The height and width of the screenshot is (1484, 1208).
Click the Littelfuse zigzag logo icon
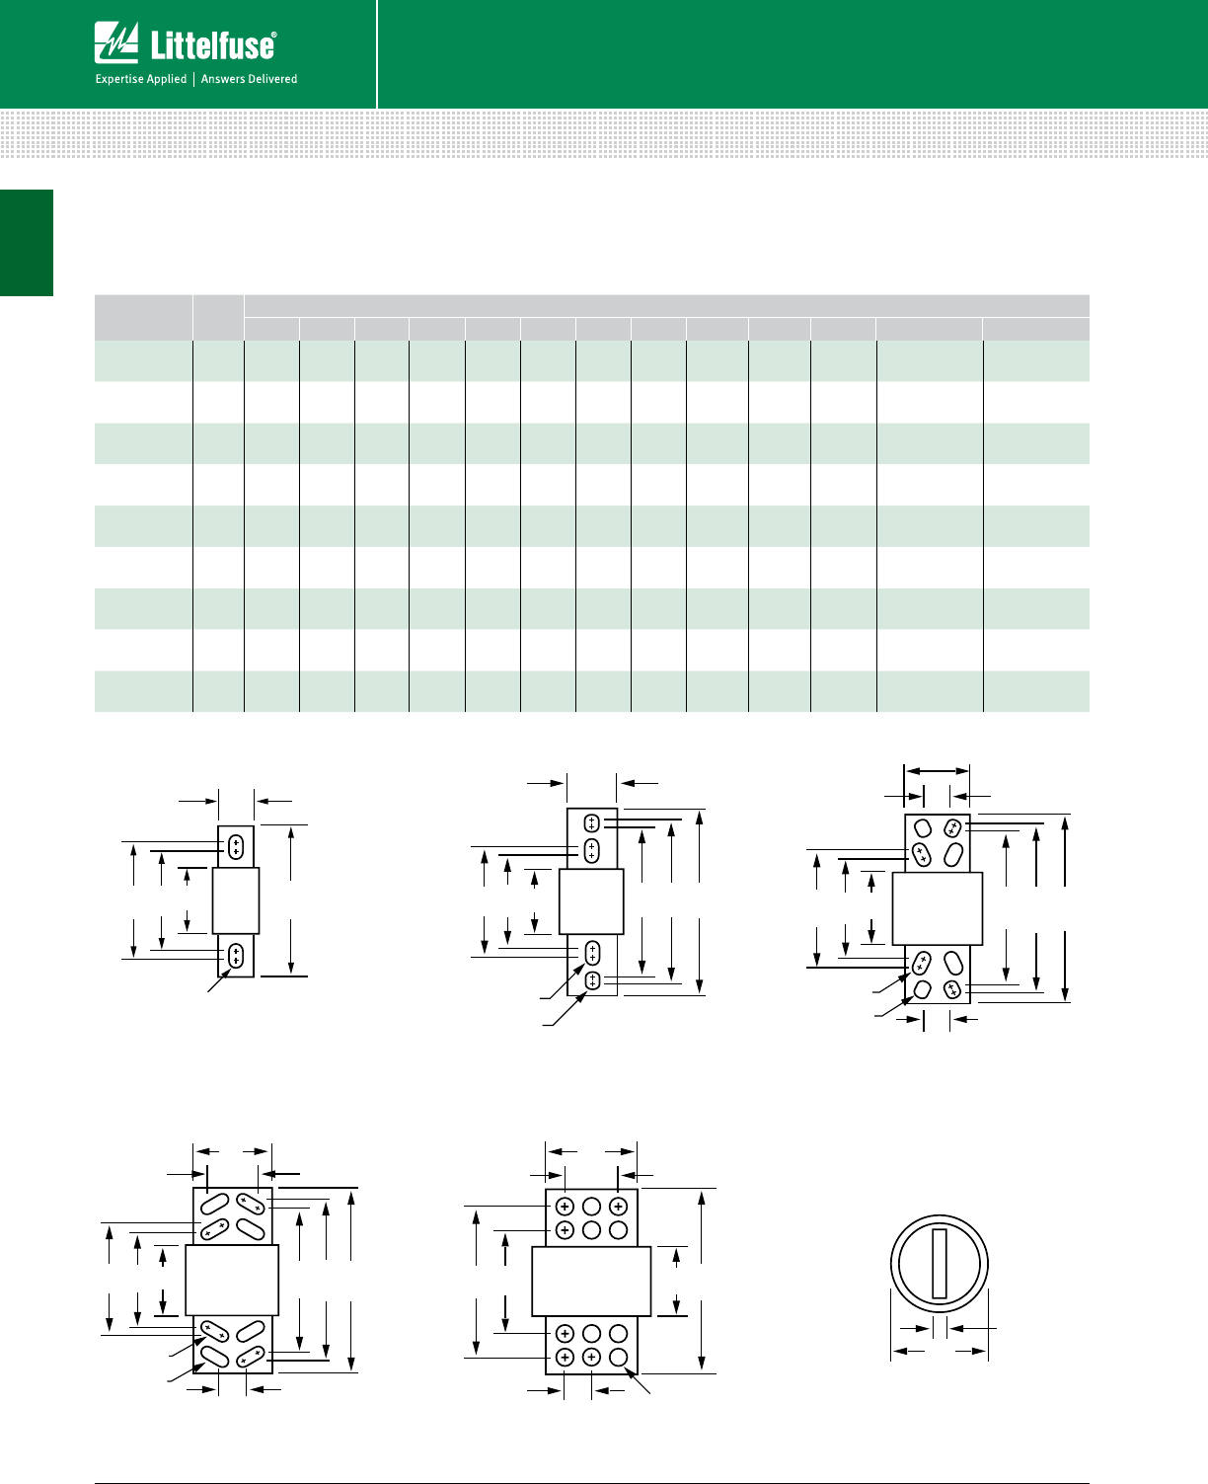[115, 42]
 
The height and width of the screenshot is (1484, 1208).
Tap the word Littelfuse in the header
[211, 46]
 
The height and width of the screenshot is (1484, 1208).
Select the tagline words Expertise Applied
[141, 79]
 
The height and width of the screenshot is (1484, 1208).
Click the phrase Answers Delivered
[249, 79]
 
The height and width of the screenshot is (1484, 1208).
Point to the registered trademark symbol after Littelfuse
[273, 35]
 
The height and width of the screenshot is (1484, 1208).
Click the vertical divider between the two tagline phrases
[193, 79]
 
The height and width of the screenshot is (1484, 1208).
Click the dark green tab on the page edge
[27, 243]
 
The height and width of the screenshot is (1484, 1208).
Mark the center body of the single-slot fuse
[235, 900]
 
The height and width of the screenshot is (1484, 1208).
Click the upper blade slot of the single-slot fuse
[236, 847]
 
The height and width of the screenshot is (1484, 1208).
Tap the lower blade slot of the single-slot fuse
[236, 955]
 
